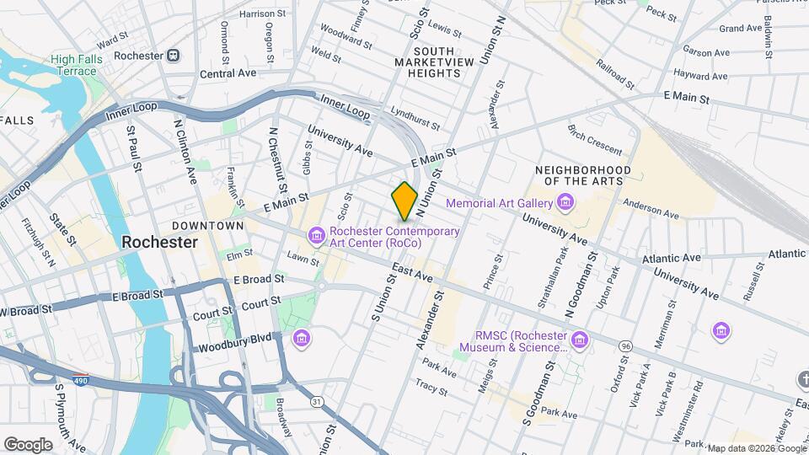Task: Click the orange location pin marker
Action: click(404, 201)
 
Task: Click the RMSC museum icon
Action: click(579, 340)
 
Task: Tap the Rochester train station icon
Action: click(173, 56)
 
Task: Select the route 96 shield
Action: click(624, 346)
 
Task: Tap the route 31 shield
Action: click(315, 401)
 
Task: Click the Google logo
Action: click(28, 444)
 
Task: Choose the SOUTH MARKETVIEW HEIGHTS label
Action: click(427, 67)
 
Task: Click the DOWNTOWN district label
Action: click(207, 226)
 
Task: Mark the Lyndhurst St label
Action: click(415, 119)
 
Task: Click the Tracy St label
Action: click(431, 385)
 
